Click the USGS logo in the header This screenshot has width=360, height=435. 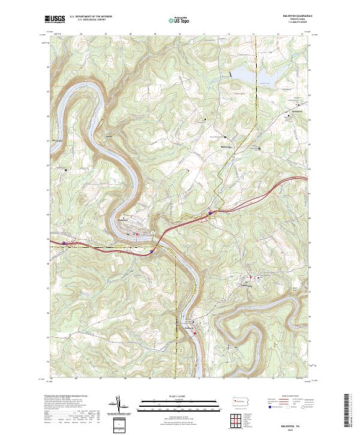[x=55, y=20]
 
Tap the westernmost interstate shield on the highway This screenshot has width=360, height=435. [x=64, y=243]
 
